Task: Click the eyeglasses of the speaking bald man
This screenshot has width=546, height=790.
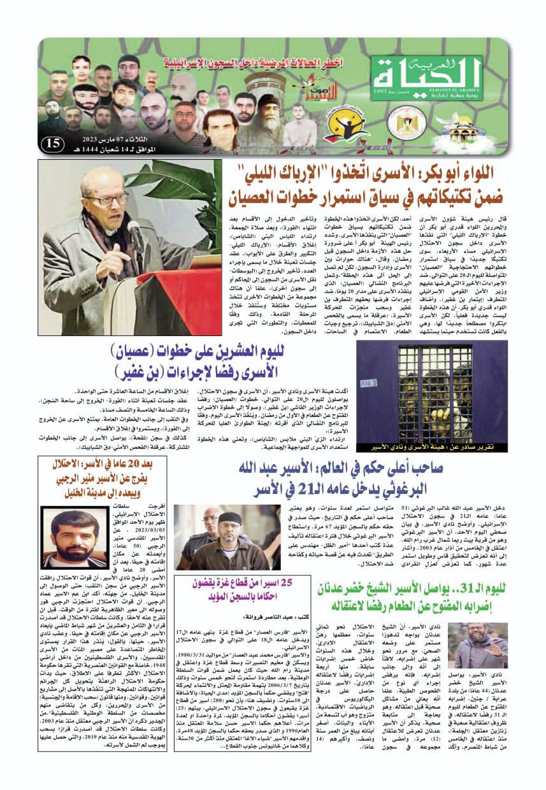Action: pyautogui.click(x=105, y=200)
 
